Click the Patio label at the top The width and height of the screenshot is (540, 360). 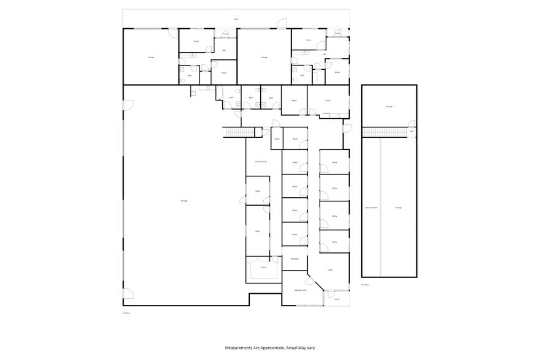[x=236, y=19]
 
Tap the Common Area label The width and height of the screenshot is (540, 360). [x=260, y=162]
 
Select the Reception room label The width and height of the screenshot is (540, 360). [x=294, y=260]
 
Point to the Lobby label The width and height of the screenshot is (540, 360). [x=330, y=270]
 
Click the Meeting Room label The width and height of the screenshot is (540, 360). [x=300, y=290]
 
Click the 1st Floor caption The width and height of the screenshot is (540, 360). [x=127, y=312]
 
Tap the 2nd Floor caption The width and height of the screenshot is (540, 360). [x=364, y=285]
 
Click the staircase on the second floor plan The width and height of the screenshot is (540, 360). [x=384, y=132]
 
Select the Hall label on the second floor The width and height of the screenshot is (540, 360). [x=411, y=131]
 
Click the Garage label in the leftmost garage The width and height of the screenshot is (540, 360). [x=151, y=57]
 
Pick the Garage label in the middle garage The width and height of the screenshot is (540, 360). [x=264, y=57]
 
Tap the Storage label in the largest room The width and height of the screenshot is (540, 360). [x=184, y=201]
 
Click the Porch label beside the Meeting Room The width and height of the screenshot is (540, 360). [x=337, y=299]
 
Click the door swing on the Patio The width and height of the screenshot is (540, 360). [x=282, y=24]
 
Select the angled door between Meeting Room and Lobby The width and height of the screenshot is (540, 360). [x=311, y=282]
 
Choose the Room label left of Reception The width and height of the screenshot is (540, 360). [x=264, y=267]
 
